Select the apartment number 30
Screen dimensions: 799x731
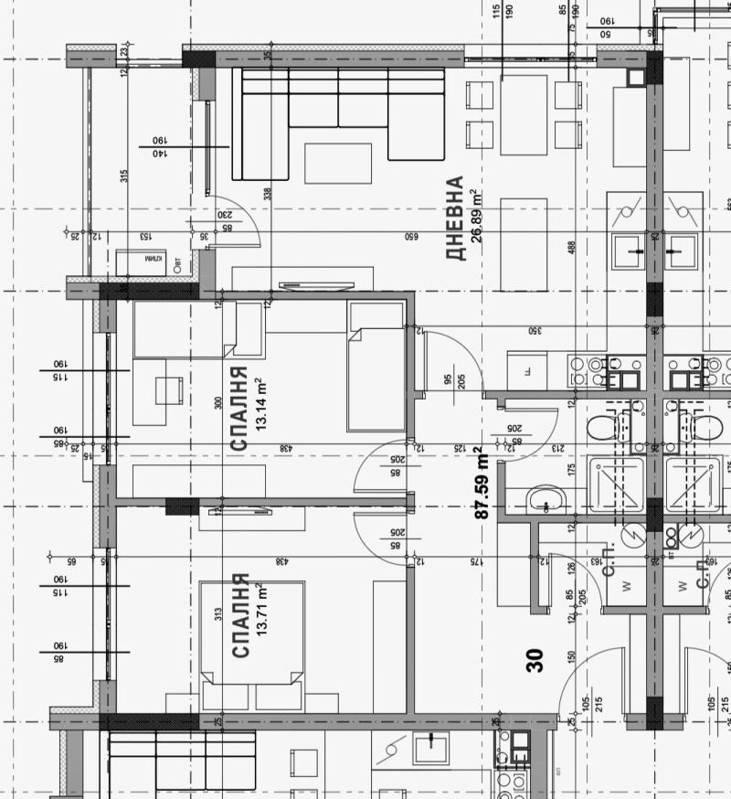tap(535, 660)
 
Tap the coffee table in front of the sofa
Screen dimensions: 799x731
tap(338, 163)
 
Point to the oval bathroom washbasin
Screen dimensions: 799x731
tap(546, 499)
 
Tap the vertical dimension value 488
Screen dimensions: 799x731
tap(572, 248)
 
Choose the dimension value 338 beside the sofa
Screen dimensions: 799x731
tap(267, 194)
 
